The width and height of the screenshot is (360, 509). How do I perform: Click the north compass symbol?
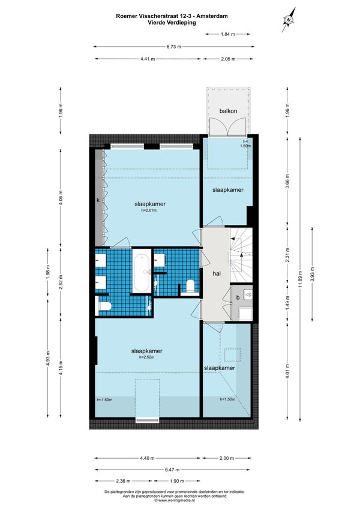289,20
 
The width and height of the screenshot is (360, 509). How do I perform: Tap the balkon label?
228,111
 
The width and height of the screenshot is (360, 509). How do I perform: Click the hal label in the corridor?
217,273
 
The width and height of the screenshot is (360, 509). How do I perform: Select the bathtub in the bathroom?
142,273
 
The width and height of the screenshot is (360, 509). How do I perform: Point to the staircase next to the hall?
241,255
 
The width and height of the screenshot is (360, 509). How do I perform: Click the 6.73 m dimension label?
174,47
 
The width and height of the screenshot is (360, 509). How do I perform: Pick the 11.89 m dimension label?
300,279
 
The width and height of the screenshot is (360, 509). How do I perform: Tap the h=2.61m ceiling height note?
149,210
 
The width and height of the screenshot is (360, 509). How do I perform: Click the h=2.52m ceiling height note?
146,357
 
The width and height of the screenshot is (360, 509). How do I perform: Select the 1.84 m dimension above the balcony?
228,34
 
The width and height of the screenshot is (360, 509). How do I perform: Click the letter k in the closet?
98,200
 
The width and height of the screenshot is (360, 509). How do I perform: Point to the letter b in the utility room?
238,297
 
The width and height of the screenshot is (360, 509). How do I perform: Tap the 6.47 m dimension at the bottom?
172,469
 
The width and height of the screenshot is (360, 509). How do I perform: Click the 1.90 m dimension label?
177,481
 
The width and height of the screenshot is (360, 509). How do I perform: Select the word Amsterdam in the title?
213,16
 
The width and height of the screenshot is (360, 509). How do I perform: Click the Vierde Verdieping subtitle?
172,23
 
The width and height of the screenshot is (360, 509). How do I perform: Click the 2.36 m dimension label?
124,481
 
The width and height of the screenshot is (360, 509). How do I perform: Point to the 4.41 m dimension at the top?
148,59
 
